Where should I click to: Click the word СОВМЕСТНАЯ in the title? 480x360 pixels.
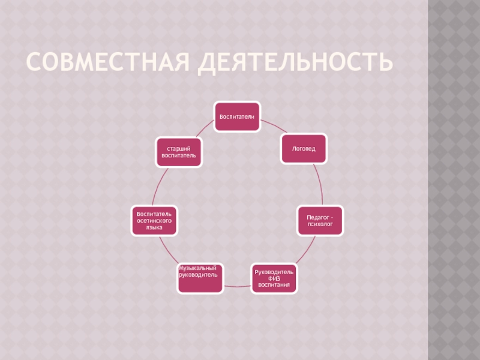(x=109, y=62)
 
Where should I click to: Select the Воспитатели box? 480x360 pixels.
(x=238, y=116)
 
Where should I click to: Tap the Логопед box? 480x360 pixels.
(x=304, y=148)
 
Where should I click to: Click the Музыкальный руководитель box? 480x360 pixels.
(x=200, y=278)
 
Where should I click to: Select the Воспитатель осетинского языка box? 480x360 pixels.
(x=154, y=220)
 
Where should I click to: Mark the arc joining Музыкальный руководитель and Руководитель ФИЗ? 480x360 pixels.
(x=237, y=286)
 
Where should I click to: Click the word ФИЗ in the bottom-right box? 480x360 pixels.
(x=274, y=278)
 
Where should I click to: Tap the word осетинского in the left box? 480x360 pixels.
(x=154, y=220)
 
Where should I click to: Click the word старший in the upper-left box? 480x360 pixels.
(x=178, y=148)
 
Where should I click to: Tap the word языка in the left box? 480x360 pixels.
(x=154, y=227)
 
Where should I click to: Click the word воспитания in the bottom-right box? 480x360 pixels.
(x=274, y=284)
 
